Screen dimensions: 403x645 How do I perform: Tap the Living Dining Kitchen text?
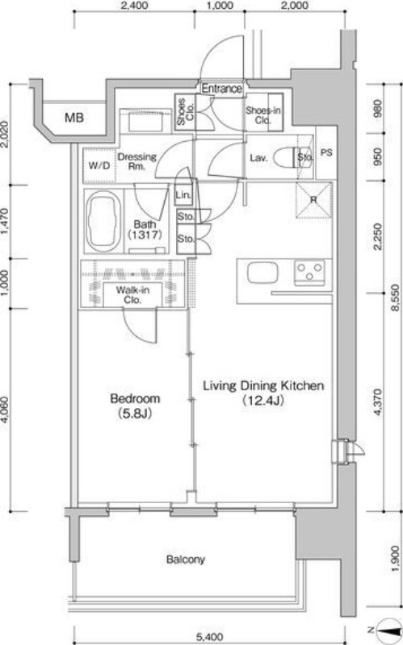click(264, 386)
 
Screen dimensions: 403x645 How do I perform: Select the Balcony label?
click(186, 560)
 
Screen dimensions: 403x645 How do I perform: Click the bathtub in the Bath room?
click(103, 222)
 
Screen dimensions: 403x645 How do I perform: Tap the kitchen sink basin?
click(262, 273)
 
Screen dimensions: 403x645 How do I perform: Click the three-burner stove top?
click(310, 272)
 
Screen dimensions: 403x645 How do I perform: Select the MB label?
click(74, 118)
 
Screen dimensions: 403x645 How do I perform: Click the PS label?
click(326, 152)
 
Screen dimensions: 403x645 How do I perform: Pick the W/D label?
click(99, 166)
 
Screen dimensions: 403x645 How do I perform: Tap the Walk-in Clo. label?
click(132, 295)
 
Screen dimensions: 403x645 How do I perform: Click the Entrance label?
click(222, 89)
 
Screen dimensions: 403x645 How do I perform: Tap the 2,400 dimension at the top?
click(135, 6)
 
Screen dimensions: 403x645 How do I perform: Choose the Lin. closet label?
click(183, 195)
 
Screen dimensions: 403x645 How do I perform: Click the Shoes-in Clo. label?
click(263, 115)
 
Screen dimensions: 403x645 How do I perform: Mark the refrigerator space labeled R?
click(314, 200)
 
